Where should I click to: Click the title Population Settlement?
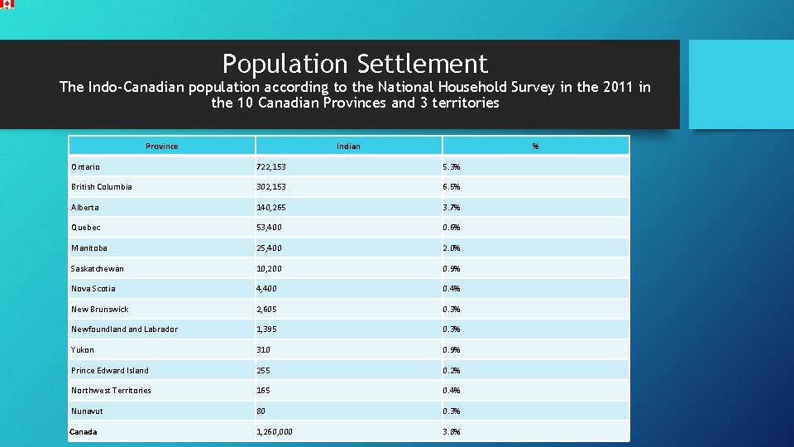(355, 63)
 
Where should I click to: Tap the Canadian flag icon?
(7, 4)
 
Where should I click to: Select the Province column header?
(161, 147)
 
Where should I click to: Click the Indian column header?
(348, 147)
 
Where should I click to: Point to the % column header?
(535, 147)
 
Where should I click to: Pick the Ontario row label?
(85, 166)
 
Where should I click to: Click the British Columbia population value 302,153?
(275, 187)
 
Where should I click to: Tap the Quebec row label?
(85, 228)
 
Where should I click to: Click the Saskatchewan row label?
(97, 269)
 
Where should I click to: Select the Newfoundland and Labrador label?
(124, 329)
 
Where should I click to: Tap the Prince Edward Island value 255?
(264, 371)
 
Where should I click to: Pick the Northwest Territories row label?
(111, 391)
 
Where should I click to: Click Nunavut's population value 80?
(261, 411)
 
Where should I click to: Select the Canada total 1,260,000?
(275, 432)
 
